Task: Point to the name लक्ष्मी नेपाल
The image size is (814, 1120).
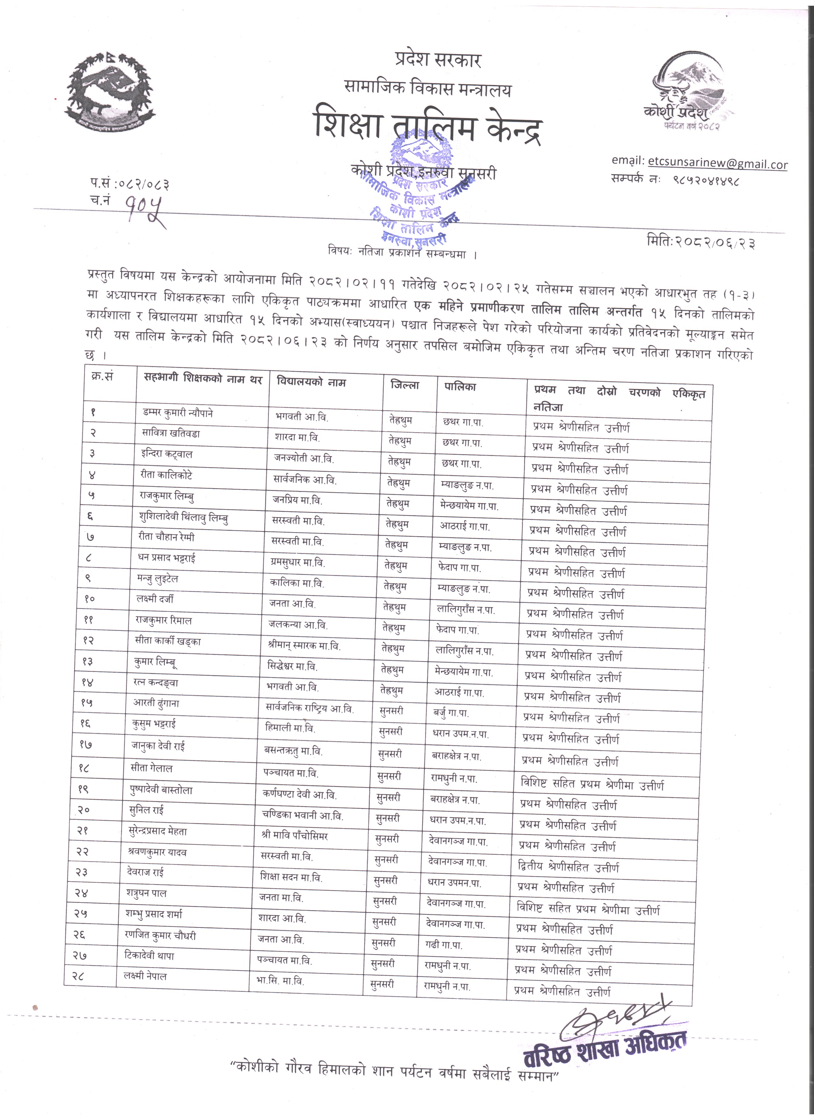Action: pyautogui.click(x=145, y=976)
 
